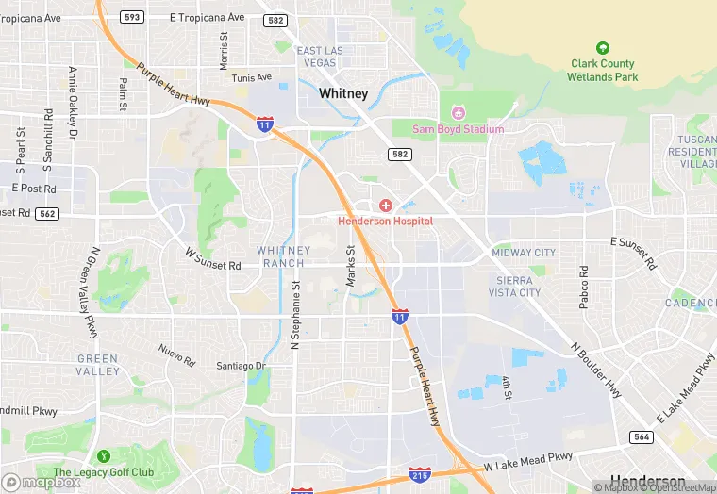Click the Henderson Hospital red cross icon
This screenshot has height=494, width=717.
pos(385,206)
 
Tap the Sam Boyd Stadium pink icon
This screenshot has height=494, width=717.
pos(459,113)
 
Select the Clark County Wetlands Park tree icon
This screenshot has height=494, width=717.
pos(603,48)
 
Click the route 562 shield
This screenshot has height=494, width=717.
pos(47,214)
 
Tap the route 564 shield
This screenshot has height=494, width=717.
pos(642,436)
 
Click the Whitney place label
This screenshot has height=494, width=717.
pos(343,93)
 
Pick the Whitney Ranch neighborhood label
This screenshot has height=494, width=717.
pos(283,256)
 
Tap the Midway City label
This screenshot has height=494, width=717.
pos(524,253)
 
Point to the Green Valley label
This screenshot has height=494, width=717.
pos(98,365)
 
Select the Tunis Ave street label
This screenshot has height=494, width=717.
pos(252,77)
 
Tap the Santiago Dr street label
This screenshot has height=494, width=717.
pos(242,366)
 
